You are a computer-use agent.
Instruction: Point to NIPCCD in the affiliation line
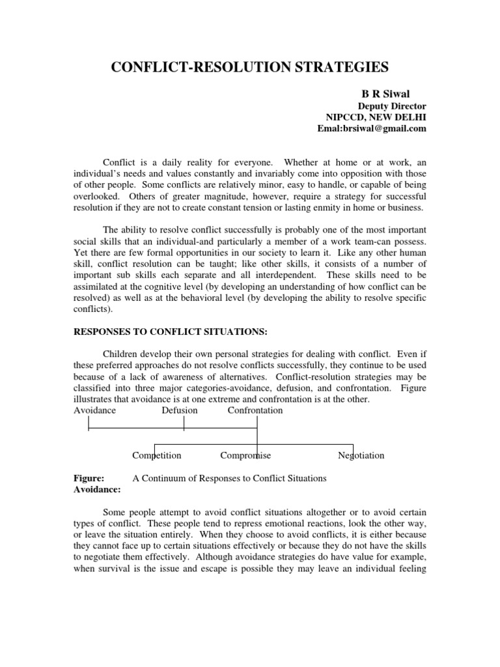click(348, 117)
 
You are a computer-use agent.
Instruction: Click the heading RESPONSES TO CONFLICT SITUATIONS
click(170, 332)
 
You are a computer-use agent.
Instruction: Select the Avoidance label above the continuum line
click(95, 410)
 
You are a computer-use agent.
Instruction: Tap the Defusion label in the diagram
click(180, 410)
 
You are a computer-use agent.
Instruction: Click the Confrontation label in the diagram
click(255, 410)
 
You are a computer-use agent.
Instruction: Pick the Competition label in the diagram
click(157, 455)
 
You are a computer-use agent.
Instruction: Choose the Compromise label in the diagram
click(245, 455)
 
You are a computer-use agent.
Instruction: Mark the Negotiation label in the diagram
click(361, 455)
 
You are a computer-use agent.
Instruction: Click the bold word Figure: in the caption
click(90, 478)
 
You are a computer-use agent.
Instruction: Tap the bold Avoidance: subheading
click(95, 489)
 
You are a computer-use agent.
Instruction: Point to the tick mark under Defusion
click(184, 423)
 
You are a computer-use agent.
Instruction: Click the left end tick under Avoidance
click(89, 423)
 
